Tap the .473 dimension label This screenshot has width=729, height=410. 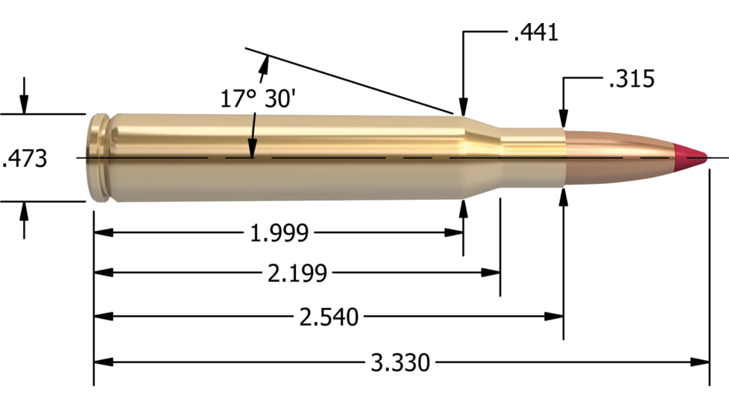[25, 158]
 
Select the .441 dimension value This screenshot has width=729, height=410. [536, 33]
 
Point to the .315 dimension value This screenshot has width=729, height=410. [631, 79]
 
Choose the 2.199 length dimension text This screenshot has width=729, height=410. [297, 274]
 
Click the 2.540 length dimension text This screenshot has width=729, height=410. [328, 318]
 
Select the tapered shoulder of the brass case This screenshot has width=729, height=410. [482, 157]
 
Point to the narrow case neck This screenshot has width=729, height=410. [531, 157]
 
